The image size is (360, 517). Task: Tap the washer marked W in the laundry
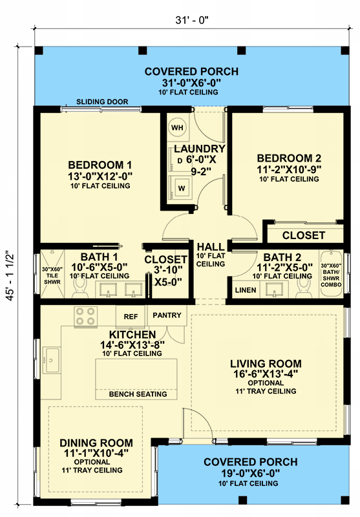[x=182, y=188]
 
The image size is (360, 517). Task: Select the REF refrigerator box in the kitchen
[x=131, y=316]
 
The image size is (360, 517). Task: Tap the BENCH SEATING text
[x=138, y=394]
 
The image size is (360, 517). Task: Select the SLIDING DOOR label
[x=102, y=102]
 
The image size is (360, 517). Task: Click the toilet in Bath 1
[x=80, y=295]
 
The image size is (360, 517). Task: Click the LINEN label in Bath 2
[x=244, y=290]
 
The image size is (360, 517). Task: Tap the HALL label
[x=211, y=246]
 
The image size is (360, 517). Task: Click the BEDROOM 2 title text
[x=289, y=158]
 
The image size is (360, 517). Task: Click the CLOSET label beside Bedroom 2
[x=303, y=235]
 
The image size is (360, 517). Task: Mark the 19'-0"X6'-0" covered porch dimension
[x=250, y=472]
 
